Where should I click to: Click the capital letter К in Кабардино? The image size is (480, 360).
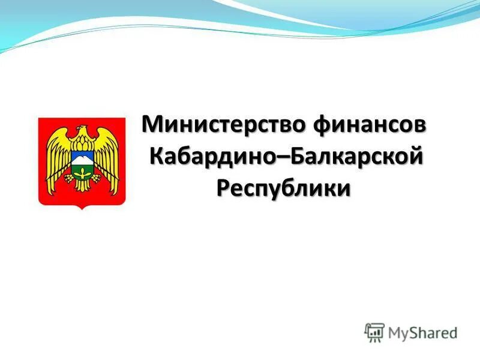[x=158, y=157]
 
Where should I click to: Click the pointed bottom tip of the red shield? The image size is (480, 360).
[x=82, y=208]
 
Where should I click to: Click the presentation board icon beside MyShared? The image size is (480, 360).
[x=374, y=332]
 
